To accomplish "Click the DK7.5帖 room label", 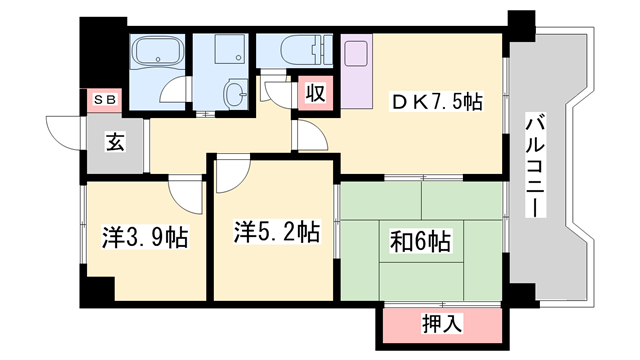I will point(436,101).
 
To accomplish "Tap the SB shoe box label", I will point(104,99).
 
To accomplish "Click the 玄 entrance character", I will point(115,142).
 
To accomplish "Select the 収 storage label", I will point(315,94).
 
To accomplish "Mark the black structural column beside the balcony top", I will point(521,26).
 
